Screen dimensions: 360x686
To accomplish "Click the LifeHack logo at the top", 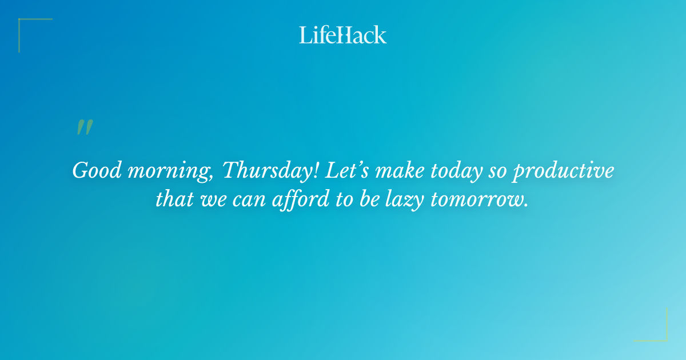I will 343,35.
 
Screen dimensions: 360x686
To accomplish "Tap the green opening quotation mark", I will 85,128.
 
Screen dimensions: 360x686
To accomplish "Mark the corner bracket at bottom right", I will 657,331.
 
